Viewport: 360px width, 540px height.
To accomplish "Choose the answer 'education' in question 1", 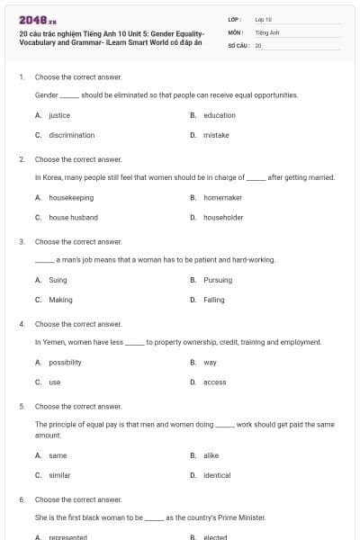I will pos(220,115).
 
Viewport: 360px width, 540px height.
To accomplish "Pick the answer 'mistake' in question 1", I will pos(216,135).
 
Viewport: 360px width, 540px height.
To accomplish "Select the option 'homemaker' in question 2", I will pos(222,197).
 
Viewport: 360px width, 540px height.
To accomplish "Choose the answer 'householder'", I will pos(223,217).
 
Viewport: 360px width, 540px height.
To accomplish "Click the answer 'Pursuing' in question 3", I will pos(218,280).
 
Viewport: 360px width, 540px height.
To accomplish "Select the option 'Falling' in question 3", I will pos(214,300).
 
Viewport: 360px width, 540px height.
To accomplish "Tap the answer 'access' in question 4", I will pos(215,382).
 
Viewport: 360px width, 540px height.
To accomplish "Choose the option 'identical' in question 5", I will pos(217,475).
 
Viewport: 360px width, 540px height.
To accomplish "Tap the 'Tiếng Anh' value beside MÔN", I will pos(266,31).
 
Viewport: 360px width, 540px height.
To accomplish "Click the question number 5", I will pos(22,406).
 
